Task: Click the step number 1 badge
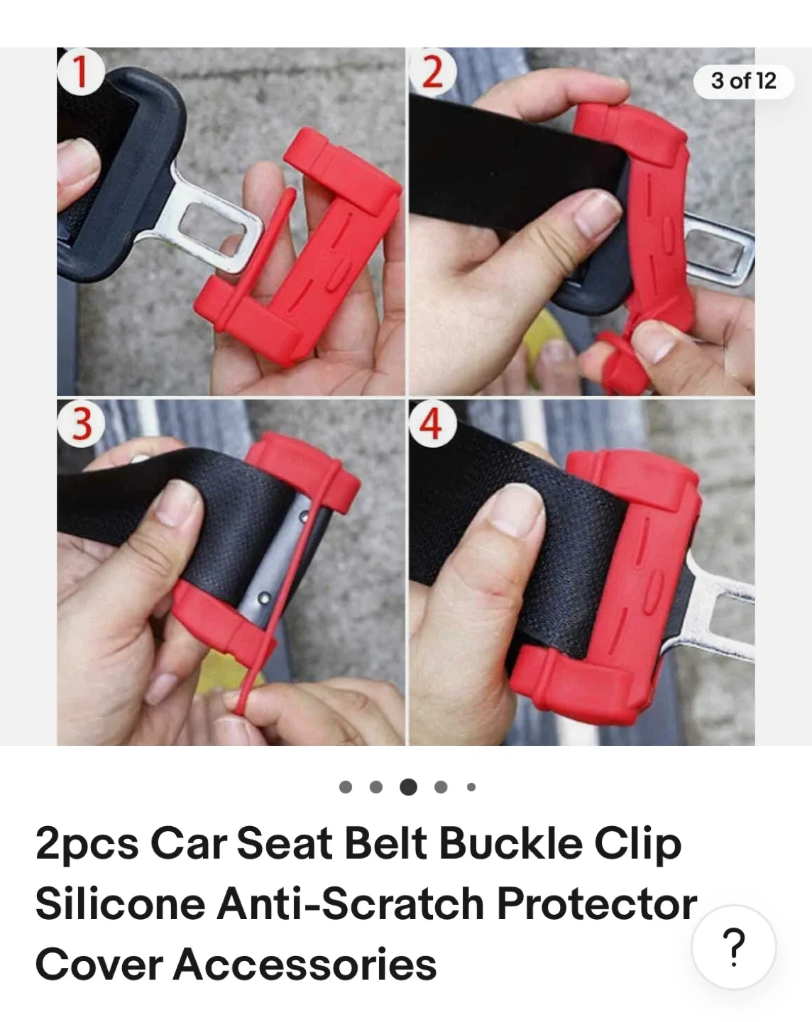click(x=80, y=72)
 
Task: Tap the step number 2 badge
click(x=432, y=71)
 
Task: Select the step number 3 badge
click(x=82, y=424)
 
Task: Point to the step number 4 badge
click(x=431, y=424)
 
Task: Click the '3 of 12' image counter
click(x=743, y=81)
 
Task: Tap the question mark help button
click(x=733, y=947)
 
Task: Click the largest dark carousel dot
click(x=408, y=786)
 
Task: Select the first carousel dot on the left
click(x=346, y=786)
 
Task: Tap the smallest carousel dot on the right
click(x=471, y=786)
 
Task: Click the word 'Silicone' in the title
click(x=121, y=905)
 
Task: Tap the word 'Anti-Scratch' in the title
click(x=351, y=905)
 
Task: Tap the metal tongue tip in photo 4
click(x=724, y=617)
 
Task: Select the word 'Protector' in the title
click(x=596, y=905)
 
